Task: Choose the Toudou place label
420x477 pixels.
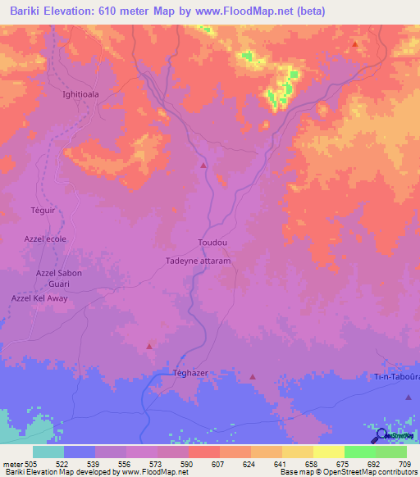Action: point(212,243)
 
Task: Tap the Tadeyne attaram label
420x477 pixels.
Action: point(198,261)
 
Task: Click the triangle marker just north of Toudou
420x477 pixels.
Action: point(203,166)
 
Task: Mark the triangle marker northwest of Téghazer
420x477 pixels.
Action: point(148,346)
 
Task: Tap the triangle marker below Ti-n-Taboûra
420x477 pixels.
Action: point(409,397)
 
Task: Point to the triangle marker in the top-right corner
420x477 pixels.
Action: point(354,44)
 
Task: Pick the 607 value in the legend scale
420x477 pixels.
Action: point(219,463)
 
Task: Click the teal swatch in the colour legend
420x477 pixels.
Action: point(48,452)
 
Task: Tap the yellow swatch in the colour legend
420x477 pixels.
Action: point(328,452)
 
